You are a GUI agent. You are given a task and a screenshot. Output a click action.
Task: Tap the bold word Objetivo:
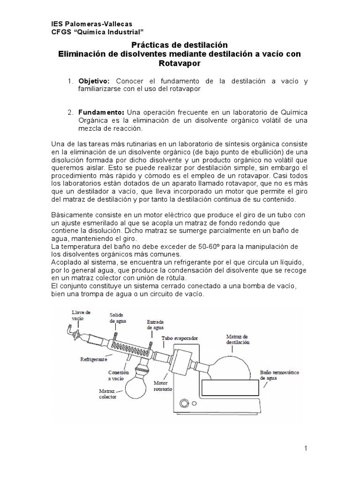point(94,82)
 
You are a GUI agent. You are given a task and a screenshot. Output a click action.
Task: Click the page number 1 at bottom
point(305,449)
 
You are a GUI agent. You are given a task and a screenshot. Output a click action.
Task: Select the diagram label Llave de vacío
point(81,315)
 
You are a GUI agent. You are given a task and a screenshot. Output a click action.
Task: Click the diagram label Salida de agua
point(118,317)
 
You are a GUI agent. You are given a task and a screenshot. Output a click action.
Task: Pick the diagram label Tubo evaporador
point(177,338)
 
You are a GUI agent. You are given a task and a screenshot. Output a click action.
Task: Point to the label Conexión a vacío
point(118,375)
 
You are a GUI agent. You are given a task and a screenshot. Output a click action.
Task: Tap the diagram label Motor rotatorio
point(163,386)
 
